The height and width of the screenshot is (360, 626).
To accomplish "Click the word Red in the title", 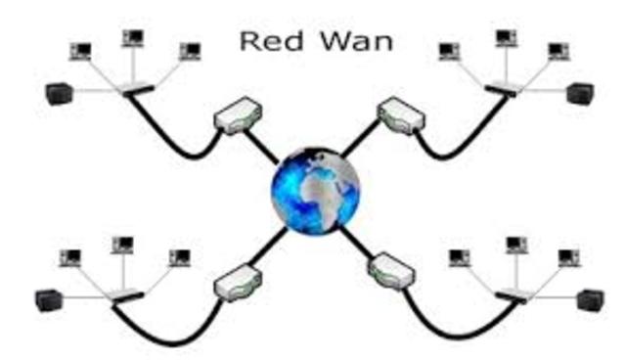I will coord(265,43).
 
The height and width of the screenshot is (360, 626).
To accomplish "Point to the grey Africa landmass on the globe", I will coord(328,192).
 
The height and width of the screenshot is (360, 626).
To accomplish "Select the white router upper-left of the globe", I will coord(234,116).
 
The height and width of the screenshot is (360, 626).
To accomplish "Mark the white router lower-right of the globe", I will coord(393,271).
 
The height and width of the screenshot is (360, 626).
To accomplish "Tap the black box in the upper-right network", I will coord(580,94).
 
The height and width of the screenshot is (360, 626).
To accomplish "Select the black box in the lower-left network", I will coord(48,296).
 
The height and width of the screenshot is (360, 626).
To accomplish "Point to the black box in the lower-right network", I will coord(589,299).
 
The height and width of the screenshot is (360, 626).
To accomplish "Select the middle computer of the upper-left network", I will coord(133,38).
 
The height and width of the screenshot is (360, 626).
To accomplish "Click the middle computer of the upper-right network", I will coord(506,38).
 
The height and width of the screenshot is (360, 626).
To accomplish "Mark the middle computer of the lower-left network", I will coord(123,244).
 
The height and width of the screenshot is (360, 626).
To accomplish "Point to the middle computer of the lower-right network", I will coord(514,244).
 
